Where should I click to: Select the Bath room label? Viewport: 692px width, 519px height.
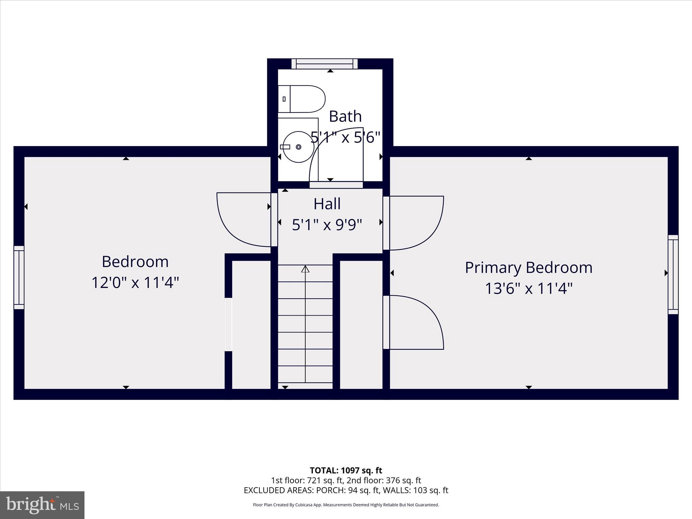coord(345,116)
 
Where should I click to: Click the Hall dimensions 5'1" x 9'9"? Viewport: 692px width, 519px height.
coord(327,225)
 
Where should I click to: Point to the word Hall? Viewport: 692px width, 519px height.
coord(327,204)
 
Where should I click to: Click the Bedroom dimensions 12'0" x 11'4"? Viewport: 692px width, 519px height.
coord(135,282)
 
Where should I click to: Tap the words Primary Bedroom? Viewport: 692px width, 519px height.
coord(528,268)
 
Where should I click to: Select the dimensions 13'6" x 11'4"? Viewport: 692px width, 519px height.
coord(528,289)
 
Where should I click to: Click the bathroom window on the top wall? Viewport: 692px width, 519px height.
coord(324,64)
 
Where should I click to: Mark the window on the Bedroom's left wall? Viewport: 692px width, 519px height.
coord(19,277)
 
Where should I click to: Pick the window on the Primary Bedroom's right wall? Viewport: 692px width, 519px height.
coord(673,274)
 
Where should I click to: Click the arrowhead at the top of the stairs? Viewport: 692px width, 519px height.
coord(305,269)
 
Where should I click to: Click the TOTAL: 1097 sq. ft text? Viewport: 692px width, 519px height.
coord(346,470)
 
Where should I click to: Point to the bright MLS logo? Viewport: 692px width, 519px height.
coord(42,505)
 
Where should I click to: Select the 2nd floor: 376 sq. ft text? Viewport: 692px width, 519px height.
coord(384,480)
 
